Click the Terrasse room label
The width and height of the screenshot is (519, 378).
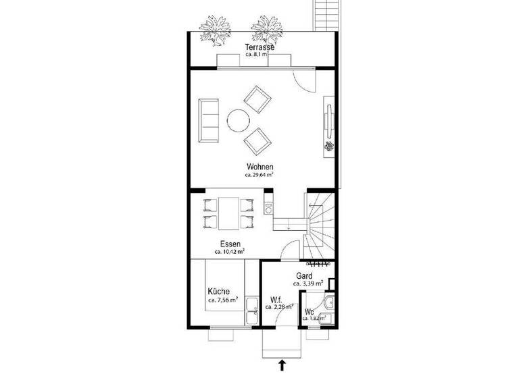point(260,47)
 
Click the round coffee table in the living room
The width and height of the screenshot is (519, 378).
point(239,121)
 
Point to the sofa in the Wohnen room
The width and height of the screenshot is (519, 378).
point(208,121)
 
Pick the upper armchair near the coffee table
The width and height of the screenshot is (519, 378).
point(257,101)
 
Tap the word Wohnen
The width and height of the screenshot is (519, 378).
point(259,167)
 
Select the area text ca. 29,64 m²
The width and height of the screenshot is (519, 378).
point(259,175)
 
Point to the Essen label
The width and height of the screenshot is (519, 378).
point(230,244)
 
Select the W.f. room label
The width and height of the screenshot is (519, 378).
point(276,299)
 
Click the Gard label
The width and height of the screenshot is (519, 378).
point(303,276)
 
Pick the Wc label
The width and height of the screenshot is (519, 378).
point(309,312)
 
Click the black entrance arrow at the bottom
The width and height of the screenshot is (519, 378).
point(281,365)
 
